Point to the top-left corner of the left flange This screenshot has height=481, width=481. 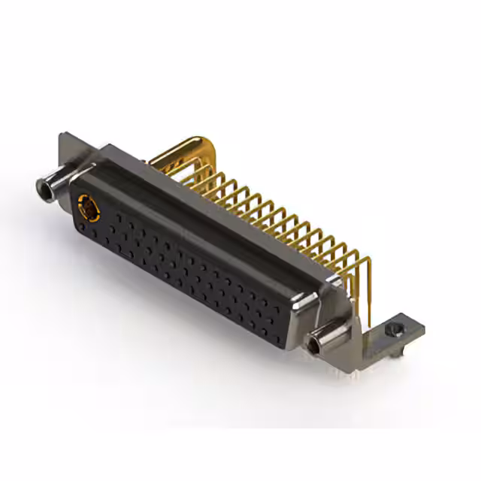[63, 136]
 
